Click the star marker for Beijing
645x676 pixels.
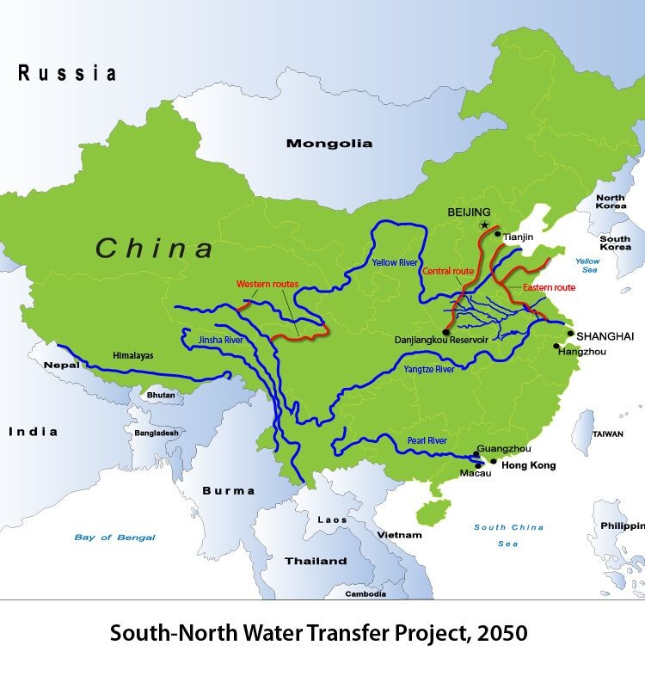[484, 225]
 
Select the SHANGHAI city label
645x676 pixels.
[605, 335]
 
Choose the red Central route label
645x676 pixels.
[448, 271]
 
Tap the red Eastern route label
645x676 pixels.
[549, 287]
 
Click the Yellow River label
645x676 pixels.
[395, 261]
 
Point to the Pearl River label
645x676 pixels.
[427, 440]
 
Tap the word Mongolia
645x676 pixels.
[329, 144]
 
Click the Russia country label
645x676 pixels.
[67, 73]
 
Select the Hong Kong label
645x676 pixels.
[529, 465]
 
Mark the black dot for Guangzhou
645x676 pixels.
[477, 453]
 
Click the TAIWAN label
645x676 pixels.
[608, 434]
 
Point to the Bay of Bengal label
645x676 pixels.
[114, 538]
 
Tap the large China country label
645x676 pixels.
[155, 249]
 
